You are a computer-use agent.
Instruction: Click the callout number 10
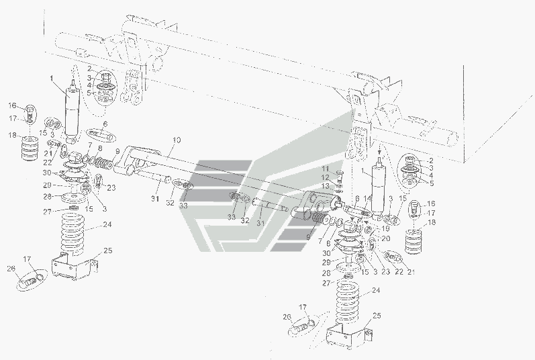[176, 140]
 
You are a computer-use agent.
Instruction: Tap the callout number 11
[323, 168]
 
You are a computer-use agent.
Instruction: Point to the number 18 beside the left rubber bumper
[12, 135]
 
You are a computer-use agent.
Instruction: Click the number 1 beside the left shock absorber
[52, 79]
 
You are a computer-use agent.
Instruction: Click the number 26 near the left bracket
[10, 270]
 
